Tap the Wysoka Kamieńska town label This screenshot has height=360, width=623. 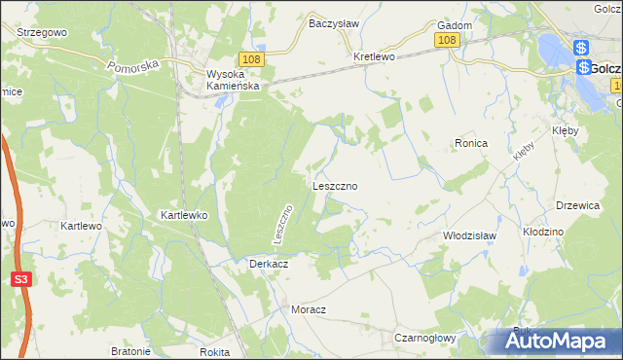231,79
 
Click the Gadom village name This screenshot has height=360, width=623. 456,25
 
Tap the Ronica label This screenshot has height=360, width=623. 470,142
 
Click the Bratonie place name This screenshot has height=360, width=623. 130,351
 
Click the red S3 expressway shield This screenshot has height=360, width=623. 20,279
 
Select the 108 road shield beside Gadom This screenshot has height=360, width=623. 447,40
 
